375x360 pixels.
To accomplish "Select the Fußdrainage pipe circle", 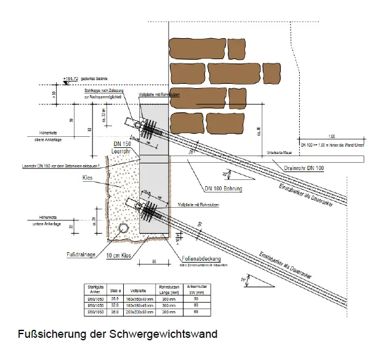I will [x=124, y=229].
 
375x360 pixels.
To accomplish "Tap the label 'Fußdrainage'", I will [x=80, y=253].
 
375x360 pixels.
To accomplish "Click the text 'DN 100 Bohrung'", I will [x=222, y=187].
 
